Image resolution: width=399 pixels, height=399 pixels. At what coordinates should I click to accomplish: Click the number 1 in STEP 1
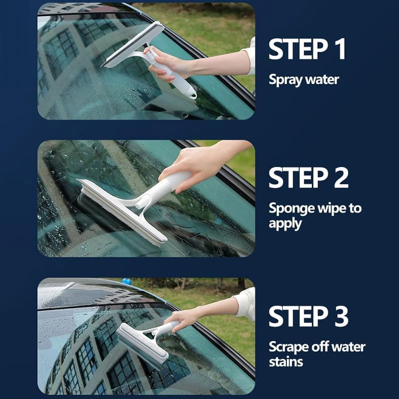339,49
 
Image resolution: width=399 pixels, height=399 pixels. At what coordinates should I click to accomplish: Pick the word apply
285,223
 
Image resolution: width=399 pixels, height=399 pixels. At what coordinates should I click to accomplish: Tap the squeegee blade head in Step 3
142,344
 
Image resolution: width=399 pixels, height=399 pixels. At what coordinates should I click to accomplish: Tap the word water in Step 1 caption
323,80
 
